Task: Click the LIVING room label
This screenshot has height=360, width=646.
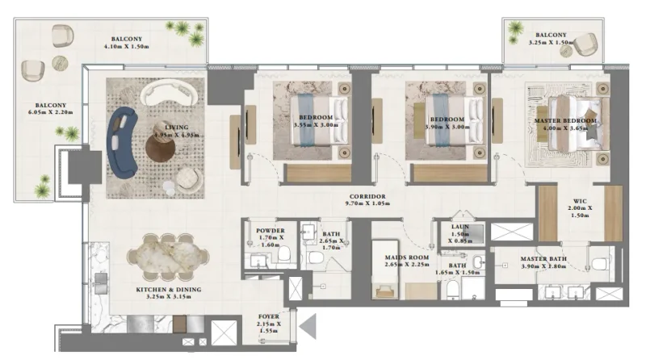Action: point(176,126)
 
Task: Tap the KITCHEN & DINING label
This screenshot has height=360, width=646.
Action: point(168,289)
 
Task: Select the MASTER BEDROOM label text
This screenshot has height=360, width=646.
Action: point(565,121)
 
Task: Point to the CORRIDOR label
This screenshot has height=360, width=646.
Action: point(367,196)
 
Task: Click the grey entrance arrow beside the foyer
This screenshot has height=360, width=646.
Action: point(308,327)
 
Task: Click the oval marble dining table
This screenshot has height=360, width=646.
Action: point(167,256)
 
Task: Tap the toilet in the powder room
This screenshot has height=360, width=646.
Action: point(284,257)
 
